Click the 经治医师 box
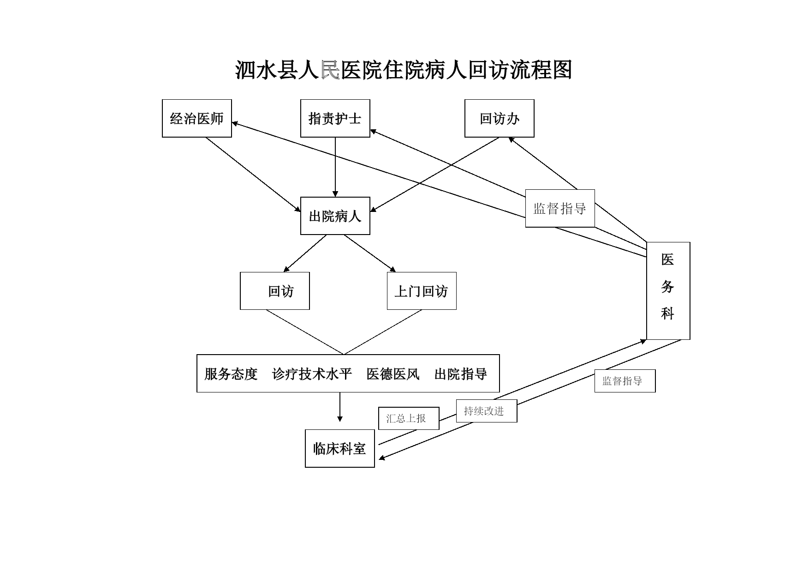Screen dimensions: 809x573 (x=197, y=118)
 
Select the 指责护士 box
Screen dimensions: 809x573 (x=335, y=118)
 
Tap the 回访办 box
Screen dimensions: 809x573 (x=500, y=118)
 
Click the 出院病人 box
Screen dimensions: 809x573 (x=335, y=216)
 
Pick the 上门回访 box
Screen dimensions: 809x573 (x=422, y=291)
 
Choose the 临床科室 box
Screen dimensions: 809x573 (x=340, y=448)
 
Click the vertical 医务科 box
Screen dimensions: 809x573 (x=668, y=291)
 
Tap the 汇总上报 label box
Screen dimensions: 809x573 (x=409, y=418)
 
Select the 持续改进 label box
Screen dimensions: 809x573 (x=487, y=411)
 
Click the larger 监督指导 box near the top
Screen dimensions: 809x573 (x=560, y=208)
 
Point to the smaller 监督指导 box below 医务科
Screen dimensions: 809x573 (x=625, y=381)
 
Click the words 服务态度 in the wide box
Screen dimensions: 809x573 (x=231, y=374)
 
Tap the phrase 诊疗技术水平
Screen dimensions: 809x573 (x=312, y=374)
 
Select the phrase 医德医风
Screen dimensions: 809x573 (x=393, y=374)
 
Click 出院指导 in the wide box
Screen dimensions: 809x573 (x=461, y=374)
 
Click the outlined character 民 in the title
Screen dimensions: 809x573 (x=330, y=70)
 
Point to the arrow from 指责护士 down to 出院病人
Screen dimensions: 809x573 (x=335, y=167)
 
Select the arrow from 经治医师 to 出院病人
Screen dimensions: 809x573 (x=253, y=175)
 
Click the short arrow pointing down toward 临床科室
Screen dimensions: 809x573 (x=340, y=407)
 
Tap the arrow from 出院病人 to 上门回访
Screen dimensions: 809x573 (x=370, y=253)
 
